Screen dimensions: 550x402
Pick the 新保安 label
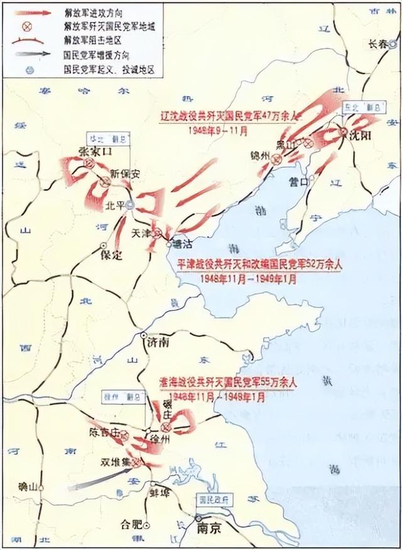tap(122, 173)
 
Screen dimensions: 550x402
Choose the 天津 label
tap(143, 231)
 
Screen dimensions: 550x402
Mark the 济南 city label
tap(158, 344)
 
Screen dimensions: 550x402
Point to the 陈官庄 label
tap(104, 432)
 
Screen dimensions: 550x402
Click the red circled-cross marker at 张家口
tap(89, 163)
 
